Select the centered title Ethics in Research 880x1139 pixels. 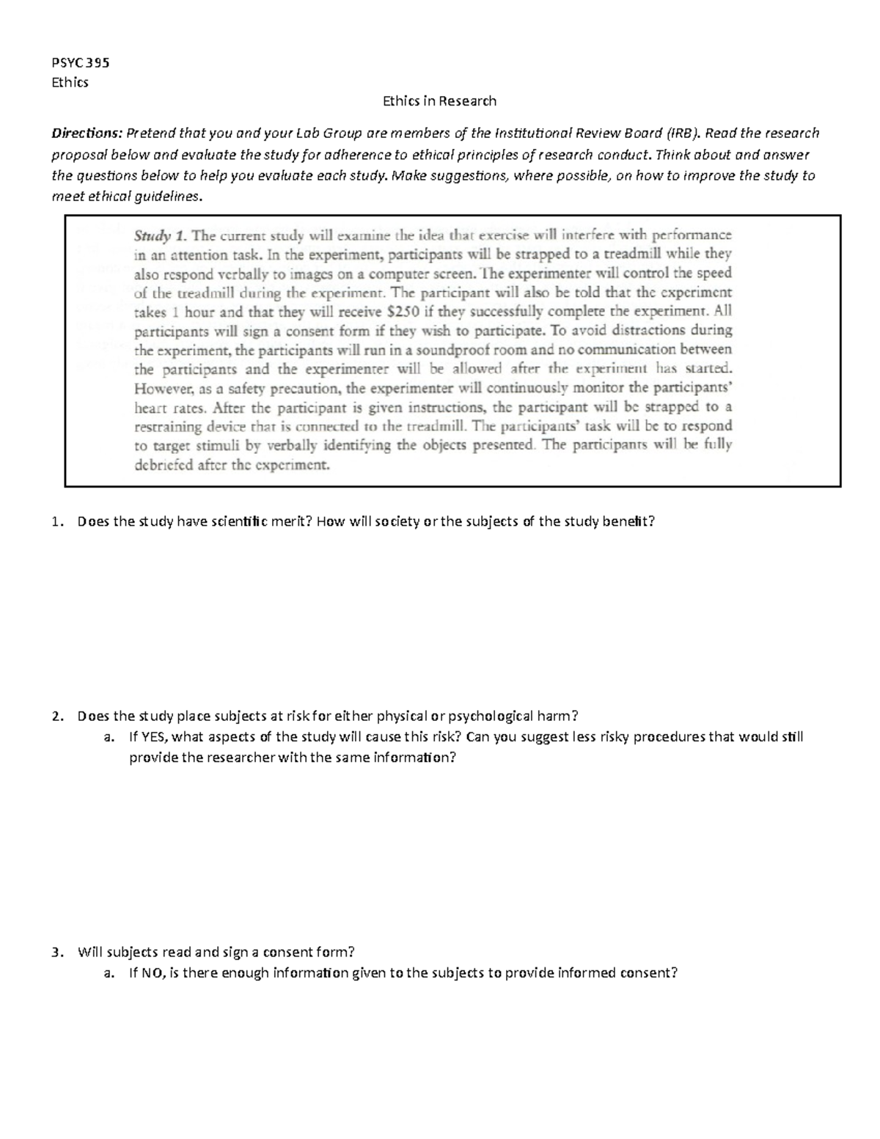point(439,101)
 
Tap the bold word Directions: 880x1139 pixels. point(87,133)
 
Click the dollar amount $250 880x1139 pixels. point(402,311)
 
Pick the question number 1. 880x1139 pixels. point(56,522)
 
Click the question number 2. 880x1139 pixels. point(56,717)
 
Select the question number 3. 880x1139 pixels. point(56,953)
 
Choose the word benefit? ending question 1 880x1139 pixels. point(628,522)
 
